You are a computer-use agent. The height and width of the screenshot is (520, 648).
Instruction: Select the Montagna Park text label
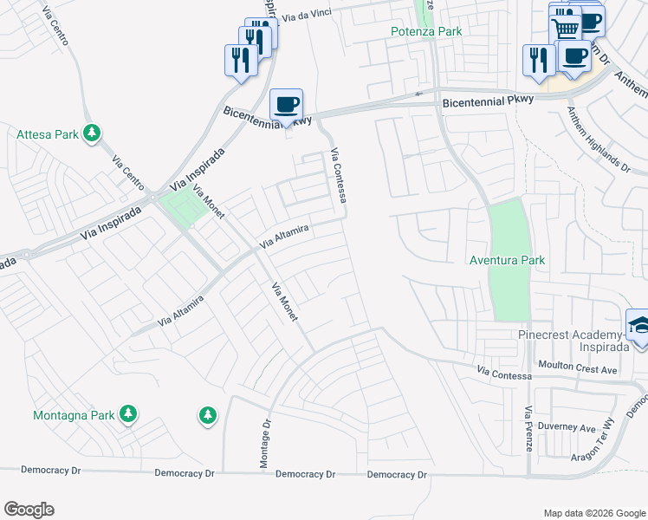(x=74, y=415)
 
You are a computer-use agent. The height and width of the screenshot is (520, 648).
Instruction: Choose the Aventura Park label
(x=507, y=260)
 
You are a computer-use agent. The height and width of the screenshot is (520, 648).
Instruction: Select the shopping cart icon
(x=566, y=28)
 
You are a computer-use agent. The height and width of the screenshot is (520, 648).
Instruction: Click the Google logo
(x=29, y=510)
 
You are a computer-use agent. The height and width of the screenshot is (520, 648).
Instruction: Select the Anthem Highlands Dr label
(x=598, y=139)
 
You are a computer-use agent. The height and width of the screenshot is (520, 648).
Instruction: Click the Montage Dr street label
(x=266, y=445)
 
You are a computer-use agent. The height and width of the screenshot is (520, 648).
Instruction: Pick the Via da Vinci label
(x=308, y=16)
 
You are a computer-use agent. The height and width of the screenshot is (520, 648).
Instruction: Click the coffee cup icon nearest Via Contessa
(x=287, y=105)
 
